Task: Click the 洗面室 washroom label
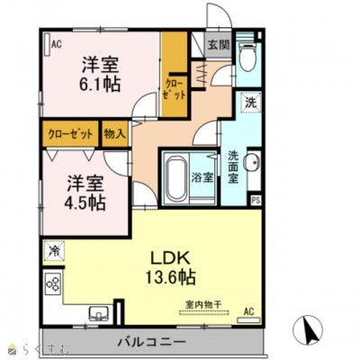(234, 166)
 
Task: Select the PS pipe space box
(256, 200)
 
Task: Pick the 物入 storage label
(114, 133)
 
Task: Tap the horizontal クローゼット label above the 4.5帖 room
(70, 133)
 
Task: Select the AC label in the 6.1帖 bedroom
(56, 42)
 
